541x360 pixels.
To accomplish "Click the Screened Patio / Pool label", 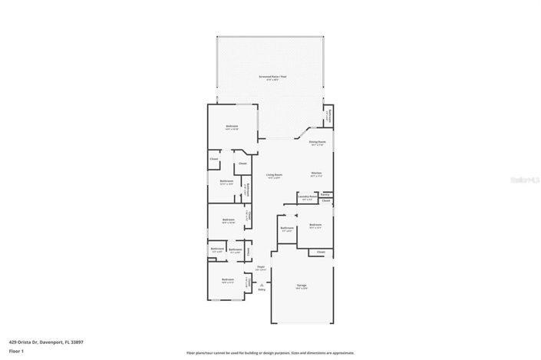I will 272,77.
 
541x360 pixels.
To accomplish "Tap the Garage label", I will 302,285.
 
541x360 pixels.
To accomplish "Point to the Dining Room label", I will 318,141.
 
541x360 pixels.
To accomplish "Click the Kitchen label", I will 316,173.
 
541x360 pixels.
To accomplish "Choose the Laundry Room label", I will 307,197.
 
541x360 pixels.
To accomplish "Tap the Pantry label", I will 325,195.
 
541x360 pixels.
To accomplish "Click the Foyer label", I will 260,268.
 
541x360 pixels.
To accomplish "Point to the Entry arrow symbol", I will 261,282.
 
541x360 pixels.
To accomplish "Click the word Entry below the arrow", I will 262,289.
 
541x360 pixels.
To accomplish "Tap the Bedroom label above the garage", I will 315,225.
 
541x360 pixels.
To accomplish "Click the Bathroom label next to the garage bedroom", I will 287,228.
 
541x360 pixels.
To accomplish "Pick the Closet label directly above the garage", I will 321,252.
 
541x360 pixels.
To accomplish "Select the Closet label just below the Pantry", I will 326,201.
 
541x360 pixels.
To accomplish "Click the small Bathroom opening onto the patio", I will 328,117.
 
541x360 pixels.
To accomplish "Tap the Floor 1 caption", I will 17,352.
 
